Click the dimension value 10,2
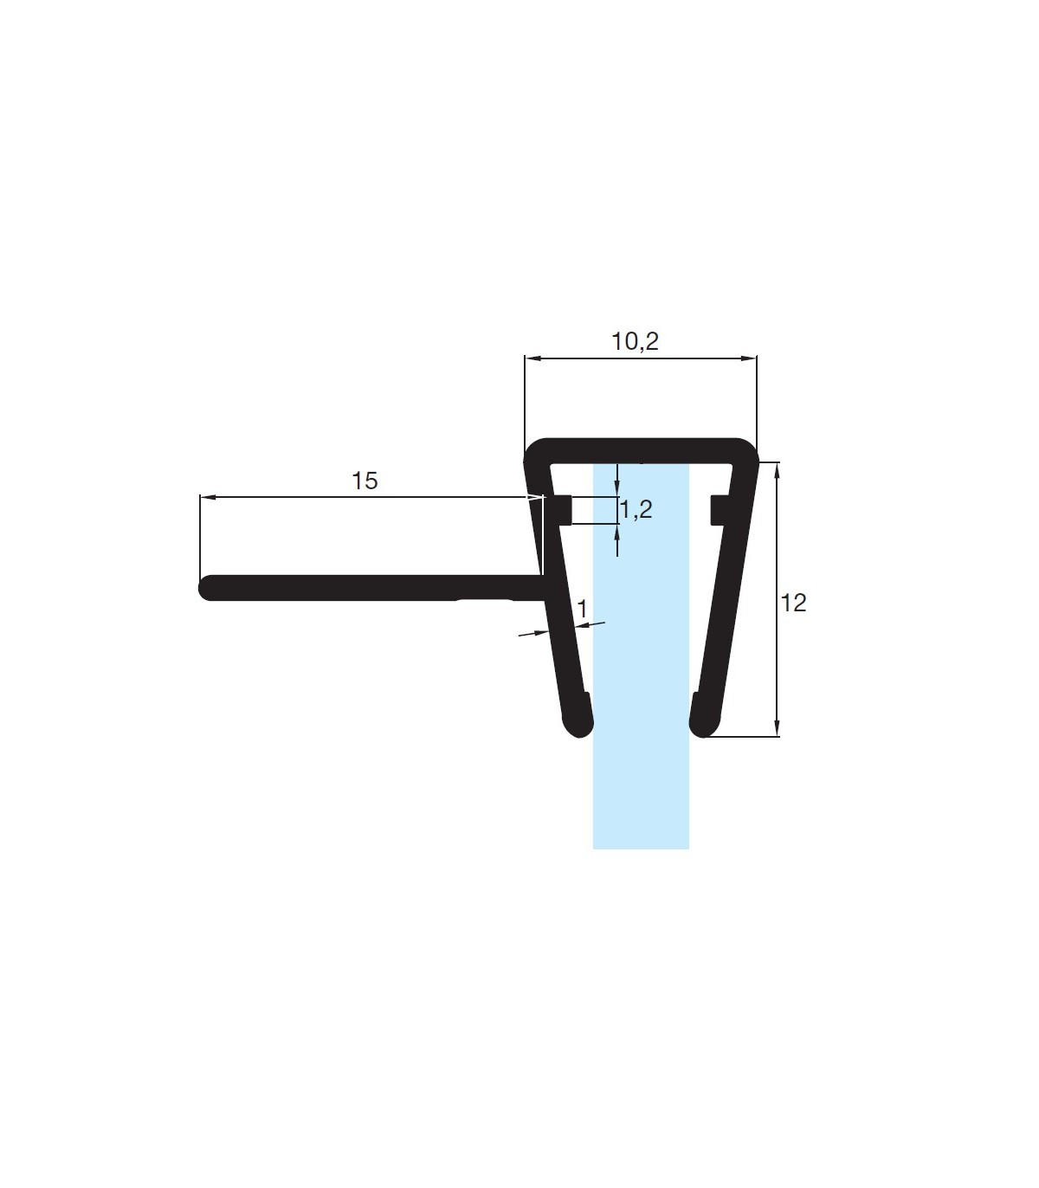pyautogui.click(x=635, y=341)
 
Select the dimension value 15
pyautogui.click(x=365, y=481)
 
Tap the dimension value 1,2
pyautogui.click(x=636, y=509)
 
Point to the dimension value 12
pyautogui.click(x=793, y=604)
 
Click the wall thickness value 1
pyautogui.click(x=582, y=609)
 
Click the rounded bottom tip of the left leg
pyautogui.click(x=579, y=729)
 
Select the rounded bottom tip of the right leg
pyautogui.click(x=703, y=729)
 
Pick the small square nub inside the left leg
pyautogui.click(x=562, y=509)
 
